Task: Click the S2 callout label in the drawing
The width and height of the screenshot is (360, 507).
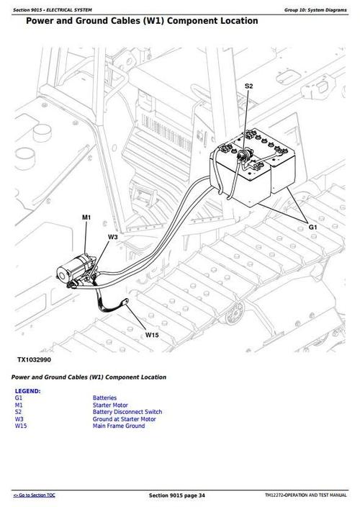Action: tap(248, 86)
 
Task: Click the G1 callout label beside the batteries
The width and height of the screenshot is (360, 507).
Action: tap(312, 228)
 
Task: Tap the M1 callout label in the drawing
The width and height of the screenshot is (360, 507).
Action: tap(86, 217)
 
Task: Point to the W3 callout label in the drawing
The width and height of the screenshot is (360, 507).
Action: tap(113, 236)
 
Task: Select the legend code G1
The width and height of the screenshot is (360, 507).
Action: tap(19, 398)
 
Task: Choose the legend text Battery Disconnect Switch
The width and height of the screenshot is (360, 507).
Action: tap(127, 412)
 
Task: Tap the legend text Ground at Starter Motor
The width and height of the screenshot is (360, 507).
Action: tap(124, 419)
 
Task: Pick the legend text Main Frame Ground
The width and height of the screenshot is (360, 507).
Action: tap(118, 426)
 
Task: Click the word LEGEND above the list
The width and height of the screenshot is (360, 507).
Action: tap(27, 391)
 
